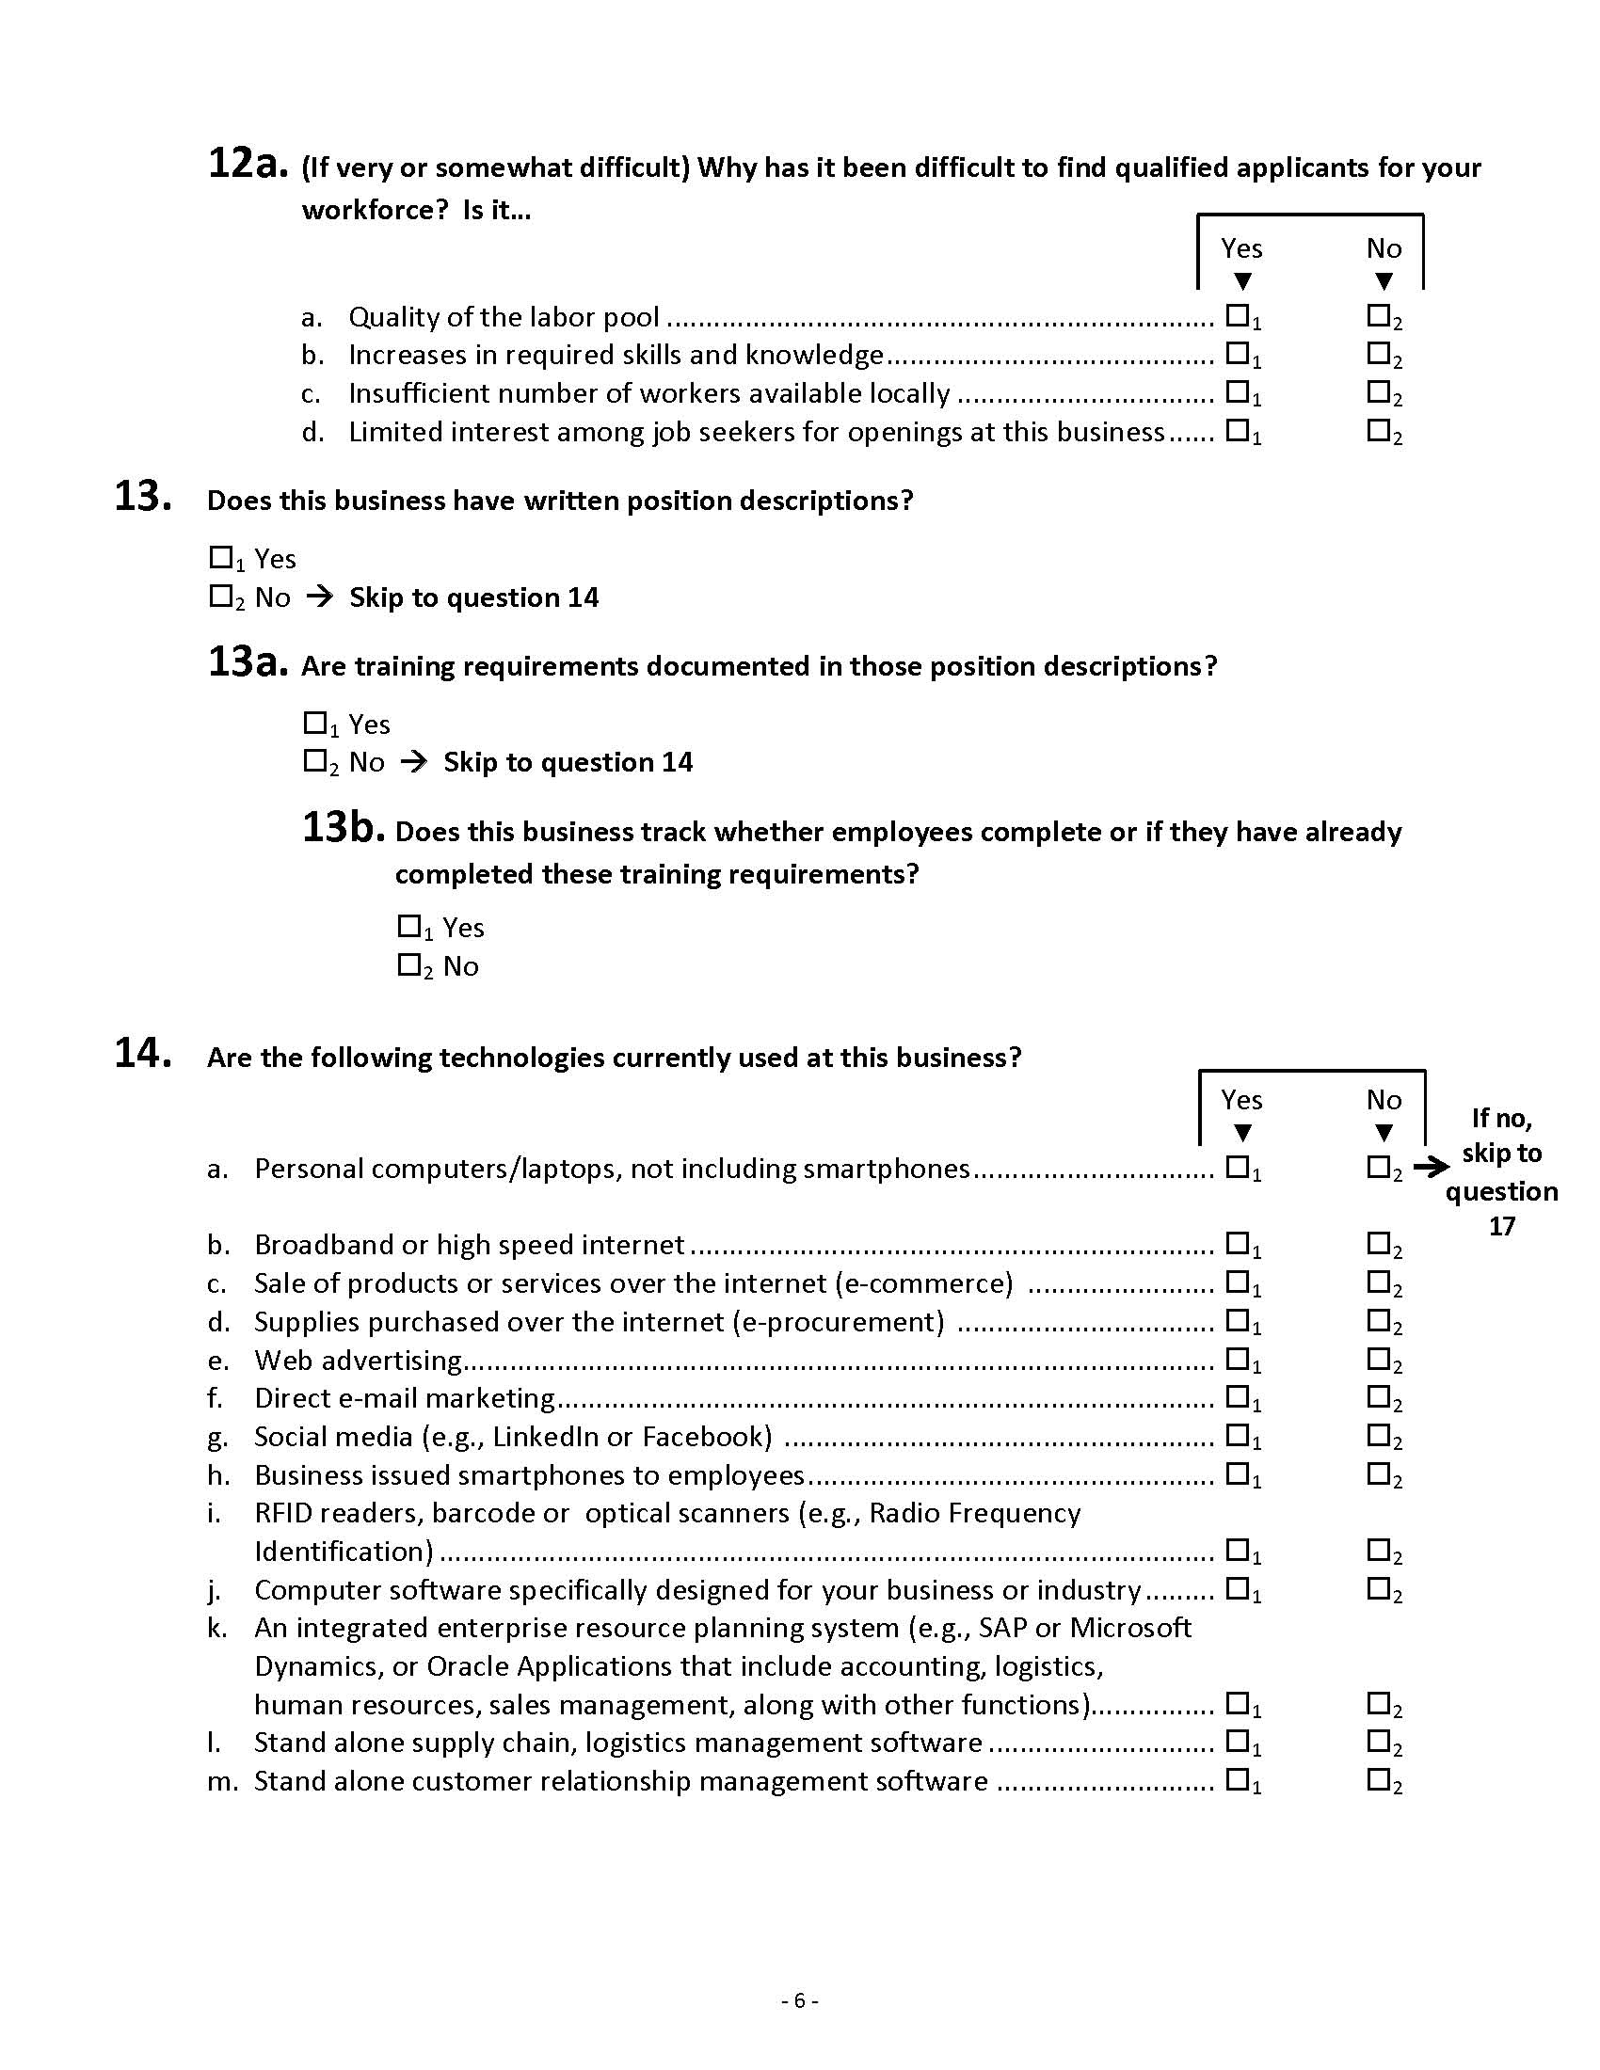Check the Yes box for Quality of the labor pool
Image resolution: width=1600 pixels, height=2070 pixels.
(1237, 314)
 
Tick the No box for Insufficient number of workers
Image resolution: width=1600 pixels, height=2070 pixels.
(1378, 390)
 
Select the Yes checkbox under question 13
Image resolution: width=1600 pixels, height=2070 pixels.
(220, 557)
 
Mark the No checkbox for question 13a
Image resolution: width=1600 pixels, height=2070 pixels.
(313, 760)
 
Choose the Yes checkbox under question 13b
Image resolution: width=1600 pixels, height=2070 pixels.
(408, 925)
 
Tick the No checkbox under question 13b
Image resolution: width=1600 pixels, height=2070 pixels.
(408, 963)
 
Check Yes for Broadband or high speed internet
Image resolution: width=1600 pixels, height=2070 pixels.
(1237, 1242)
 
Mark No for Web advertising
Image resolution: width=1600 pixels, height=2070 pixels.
(1378, 1357)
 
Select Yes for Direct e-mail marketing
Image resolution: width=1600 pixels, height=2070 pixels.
(1237, 1395)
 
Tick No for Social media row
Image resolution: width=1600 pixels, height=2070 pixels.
(1378, 1434)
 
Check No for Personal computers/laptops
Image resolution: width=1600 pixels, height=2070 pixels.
(1378, 1166)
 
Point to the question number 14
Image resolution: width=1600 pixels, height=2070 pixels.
(142, 1053)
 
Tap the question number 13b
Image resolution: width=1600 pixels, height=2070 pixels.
(343, 827)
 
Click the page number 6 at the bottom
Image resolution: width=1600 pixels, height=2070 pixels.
(799, 2000)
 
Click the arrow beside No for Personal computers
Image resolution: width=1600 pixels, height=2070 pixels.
(1431, 1168)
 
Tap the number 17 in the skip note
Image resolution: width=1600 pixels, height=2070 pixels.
(1501, 1226)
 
